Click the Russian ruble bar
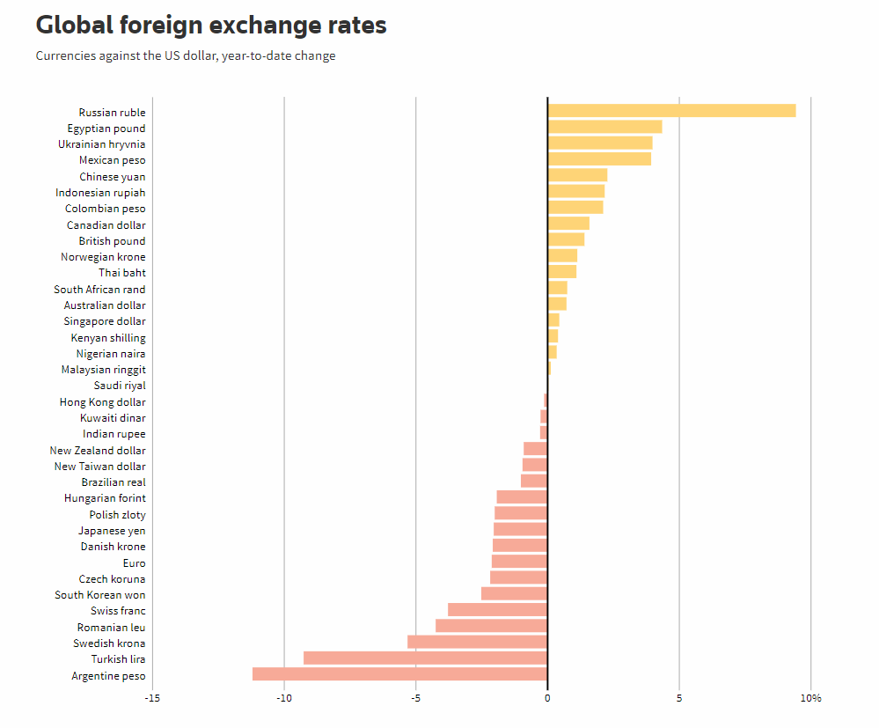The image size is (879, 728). click(671, 111)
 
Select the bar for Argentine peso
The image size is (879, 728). click(399, 674)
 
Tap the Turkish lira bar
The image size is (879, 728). click(425, 658)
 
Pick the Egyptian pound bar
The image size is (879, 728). click(604, 127)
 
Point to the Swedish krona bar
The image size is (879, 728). click(477, 643)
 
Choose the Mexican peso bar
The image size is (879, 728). click(599, 159)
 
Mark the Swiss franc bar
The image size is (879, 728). click(497, 610)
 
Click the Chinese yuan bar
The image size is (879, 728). click(577, 175)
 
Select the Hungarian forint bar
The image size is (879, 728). click(522, 497)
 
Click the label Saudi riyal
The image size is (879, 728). click(120, 386)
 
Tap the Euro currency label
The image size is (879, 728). click(135, 563)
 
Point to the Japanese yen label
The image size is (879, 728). click(112, 531)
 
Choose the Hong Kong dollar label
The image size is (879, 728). click(103, 402)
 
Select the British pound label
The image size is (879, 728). click(112, 241)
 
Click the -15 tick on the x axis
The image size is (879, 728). click(152, 699)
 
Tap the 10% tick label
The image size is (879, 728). click(810, 699)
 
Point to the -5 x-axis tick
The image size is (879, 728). click(415, 699)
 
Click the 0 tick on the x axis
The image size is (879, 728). click(547, 699)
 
